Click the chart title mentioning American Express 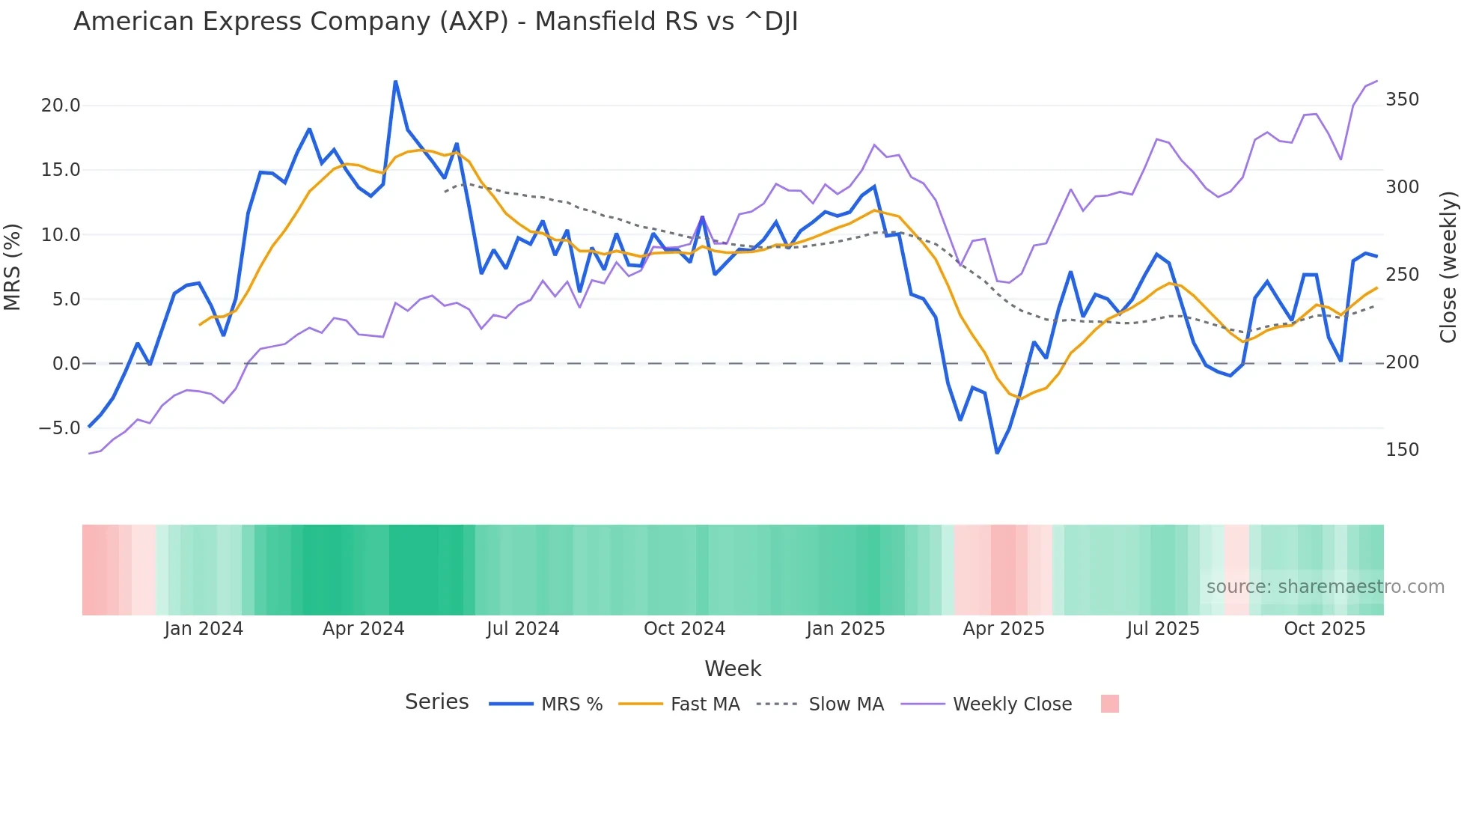pyautogui.click(x=436, y=22)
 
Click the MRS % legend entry pyautogui.click(x=571, y=704)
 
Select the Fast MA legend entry pyautogui.click(x=704, y=704)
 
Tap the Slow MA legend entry pyautogui.click(x=846, y=704)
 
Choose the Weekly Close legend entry pyautogui.click(x=1012, y=704)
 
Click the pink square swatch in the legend pyautogui.click(x=1110, y=704)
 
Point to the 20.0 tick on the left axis pyautogui.click(x=61, y=106)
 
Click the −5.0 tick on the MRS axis pyautogui.click(x=60, y=428)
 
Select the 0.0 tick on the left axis pyautogui.click(x=66, y=364)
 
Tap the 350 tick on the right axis pyautogui.click(x=1402, y=100)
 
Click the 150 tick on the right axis pyautogui.click(x=1402, y=450)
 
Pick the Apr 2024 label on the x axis pyautogui.click(x=363, y=629)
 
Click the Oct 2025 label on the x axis pyautogui.click(x=1324, y=629)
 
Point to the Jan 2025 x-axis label pyautogui.click(x=845, y=629)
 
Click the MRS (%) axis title pyautogui.click(x=13, y=267)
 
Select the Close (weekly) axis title pyautogui.click(x=1448, y=267)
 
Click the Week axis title pyautogui.click(x=733, y=669)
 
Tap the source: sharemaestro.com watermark pyautogui.click(x=1325, y=587)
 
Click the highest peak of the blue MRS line pyautogui.click(x=395, y=81)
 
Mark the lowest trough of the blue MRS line pyautogui.click(x=997, y=453)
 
